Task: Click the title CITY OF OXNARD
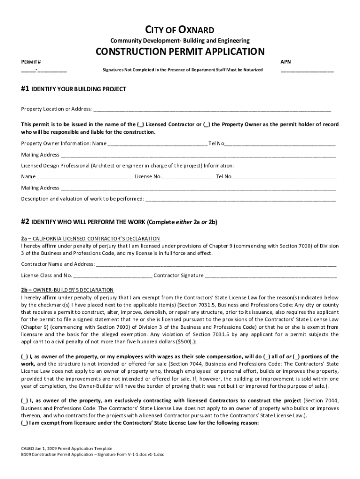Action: [x=180, y=30]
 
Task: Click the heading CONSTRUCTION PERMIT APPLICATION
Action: [x=180, y=51]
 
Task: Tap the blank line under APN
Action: [x=307, y=71]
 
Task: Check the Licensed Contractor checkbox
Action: [x=141, y=125]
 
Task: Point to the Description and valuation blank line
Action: [x=241, y=200]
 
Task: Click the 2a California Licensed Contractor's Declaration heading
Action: [x=90, y=239]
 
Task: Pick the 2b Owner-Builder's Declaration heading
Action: [x=67, y=290]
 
